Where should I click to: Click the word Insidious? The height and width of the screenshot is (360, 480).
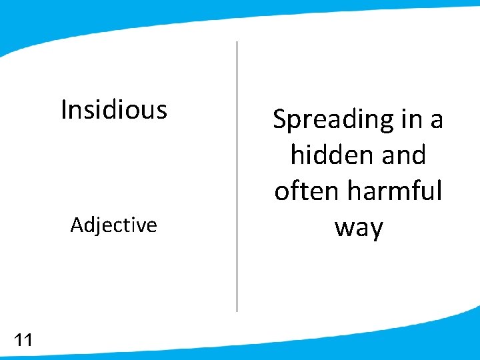[x=114, y=109]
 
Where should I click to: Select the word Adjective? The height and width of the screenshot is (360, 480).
[x=114, y=225]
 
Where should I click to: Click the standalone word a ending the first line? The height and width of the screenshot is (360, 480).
[x=437, y=120]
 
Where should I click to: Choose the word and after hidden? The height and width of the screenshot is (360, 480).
[x=401, y=155]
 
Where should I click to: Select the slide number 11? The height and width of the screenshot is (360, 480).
[x=23, y=341]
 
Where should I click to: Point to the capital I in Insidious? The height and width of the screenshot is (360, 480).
[x=63, y=109]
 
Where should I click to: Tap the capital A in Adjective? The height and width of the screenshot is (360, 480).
[x=77, y=225]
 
